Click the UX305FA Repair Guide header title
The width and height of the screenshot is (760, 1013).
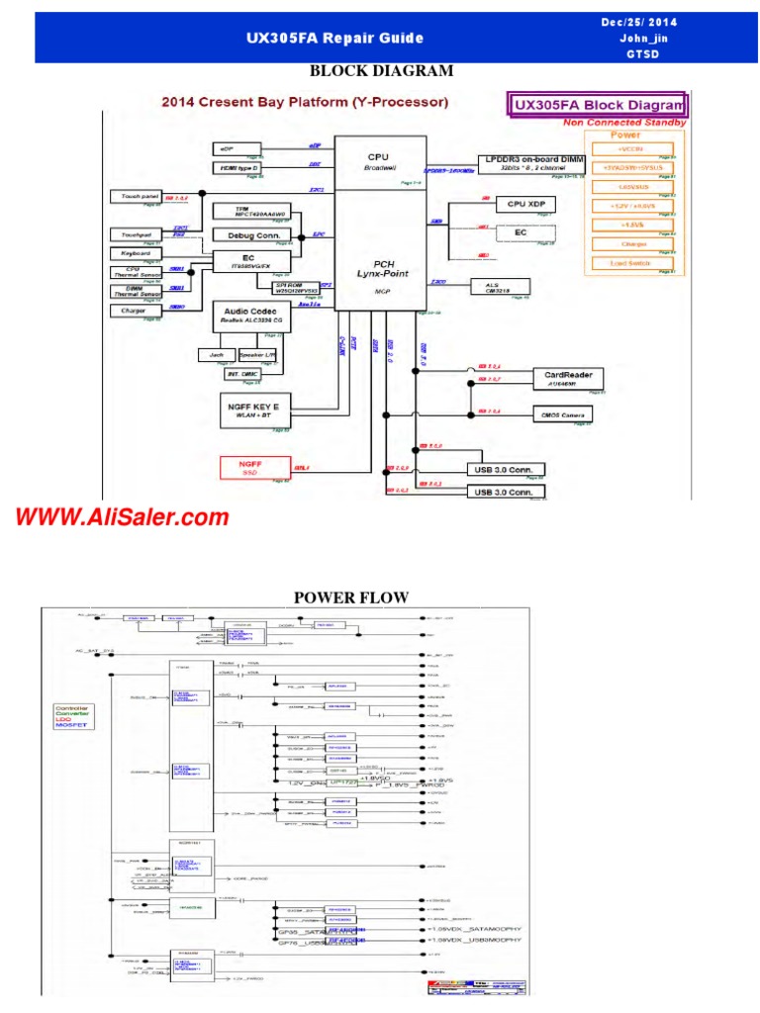point(334,39)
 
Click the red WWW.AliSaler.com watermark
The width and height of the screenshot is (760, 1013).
point(121,516)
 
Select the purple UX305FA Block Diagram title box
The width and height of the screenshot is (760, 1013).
point(597,104)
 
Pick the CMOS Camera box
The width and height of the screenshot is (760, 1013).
point(563,414)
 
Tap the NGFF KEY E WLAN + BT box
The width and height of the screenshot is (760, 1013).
point(253,411)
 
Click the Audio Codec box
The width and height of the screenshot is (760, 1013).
point(253,316)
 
